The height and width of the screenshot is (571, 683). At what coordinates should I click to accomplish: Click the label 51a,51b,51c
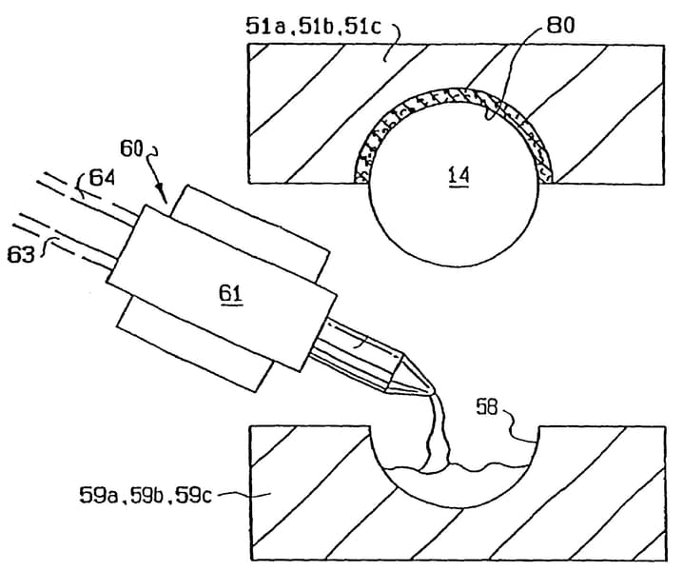coord(313,26)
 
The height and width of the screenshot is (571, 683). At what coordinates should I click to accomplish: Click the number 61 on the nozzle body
coord(232,296)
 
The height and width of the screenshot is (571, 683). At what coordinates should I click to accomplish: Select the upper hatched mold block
coord(304,105)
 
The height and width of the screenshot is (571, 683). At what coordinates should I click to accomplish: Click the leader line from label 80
coord(518,67)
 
